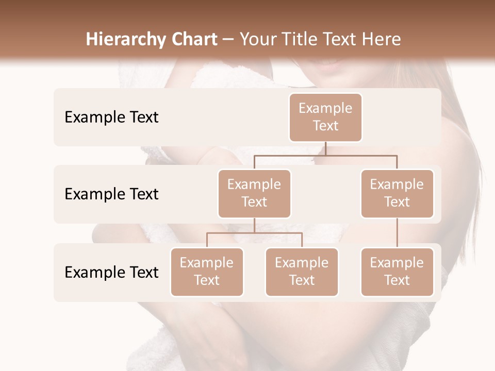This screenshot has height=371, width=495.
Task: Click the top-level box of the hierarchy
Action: click(x=325, y=117)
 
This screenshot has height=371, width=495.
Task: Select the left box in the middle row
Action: click(x=254, y=193)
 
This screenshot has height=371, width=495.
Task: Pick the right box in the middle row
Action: click(x=397, y=193)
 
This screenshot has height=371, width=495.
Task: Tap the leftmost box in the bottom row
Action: click(x=207, y=272)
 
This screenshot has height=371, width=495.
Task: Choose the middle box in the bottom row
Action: click(x=302, y=272)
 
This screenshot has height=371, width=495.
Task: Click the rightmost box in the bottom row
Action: click(x=397, y=272)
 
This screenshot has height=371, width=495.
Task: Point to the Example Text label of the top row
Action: click(x=111, y=117)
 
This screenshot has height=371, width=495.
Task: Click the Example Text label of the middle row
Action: click(x=111, y=194)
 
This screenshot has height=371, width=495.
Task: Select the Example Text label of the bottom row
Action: click(x=111, y=272)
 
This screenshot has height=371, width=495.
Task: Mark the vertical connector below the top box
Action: click(x=325, y=148)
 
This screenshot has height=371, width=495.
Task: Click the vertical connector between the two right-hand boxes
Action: click(x=397, y=233)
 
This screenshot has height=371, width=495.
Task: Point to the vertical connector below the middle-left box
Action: click(x=254, y=225)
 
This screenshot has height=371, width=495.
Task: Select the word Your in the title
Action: click(x=257, y=40)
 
